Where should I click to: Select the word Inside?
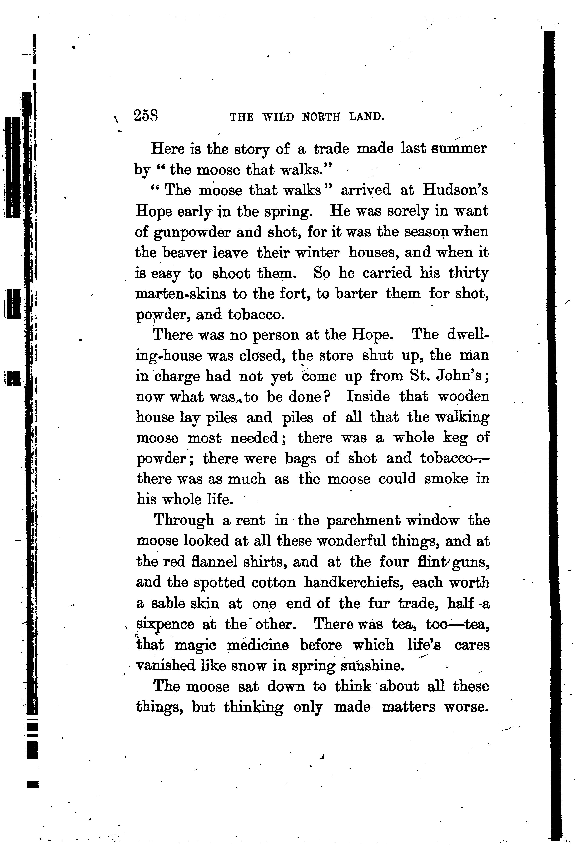368,397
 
